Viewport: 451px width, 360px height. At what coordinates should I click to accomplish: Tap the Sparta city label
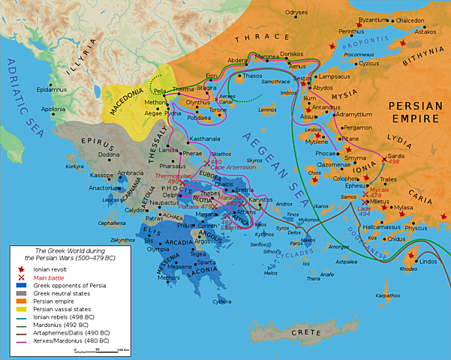[207, 263]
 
